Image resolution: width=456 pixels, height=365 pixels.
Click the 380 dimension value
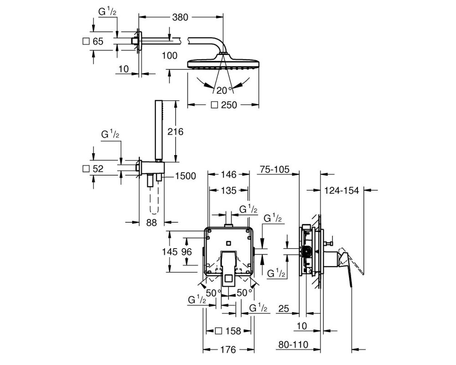tap(180, 17)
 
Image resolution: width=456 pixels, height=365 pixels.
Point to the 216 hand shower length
tap(176, 131)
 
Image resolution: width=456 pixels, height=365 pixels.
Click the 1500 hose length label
tap(186, 176)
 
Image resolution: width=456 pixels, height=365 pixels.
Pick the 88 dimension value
tap(151, 223)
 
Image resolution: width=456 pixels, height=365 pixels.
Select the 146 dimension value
tap(228, 174)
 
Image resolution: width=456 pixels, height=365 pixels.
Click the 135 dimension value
tap(228, 190)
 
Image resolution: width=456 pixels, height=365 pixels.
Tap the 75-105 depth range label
tap(275, 169)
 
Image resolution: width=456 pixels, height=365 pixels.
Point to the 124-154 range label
tap(342, 190)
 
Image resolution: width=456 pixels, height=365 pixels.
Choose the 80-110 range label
tap(293, 344)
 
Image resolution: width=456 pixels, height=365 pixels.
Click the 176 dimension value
tap(228, 349)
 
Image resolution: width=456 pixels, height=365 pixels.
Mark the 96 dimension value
tap(187, 251)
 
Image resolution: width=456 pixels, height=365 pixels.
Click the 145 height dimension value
tap(170, 251)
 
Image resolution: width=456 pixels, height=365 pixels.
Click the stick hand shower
tap(159, 130)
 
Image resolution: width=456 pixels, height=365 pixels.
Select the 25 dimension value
tap(284, 308)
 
